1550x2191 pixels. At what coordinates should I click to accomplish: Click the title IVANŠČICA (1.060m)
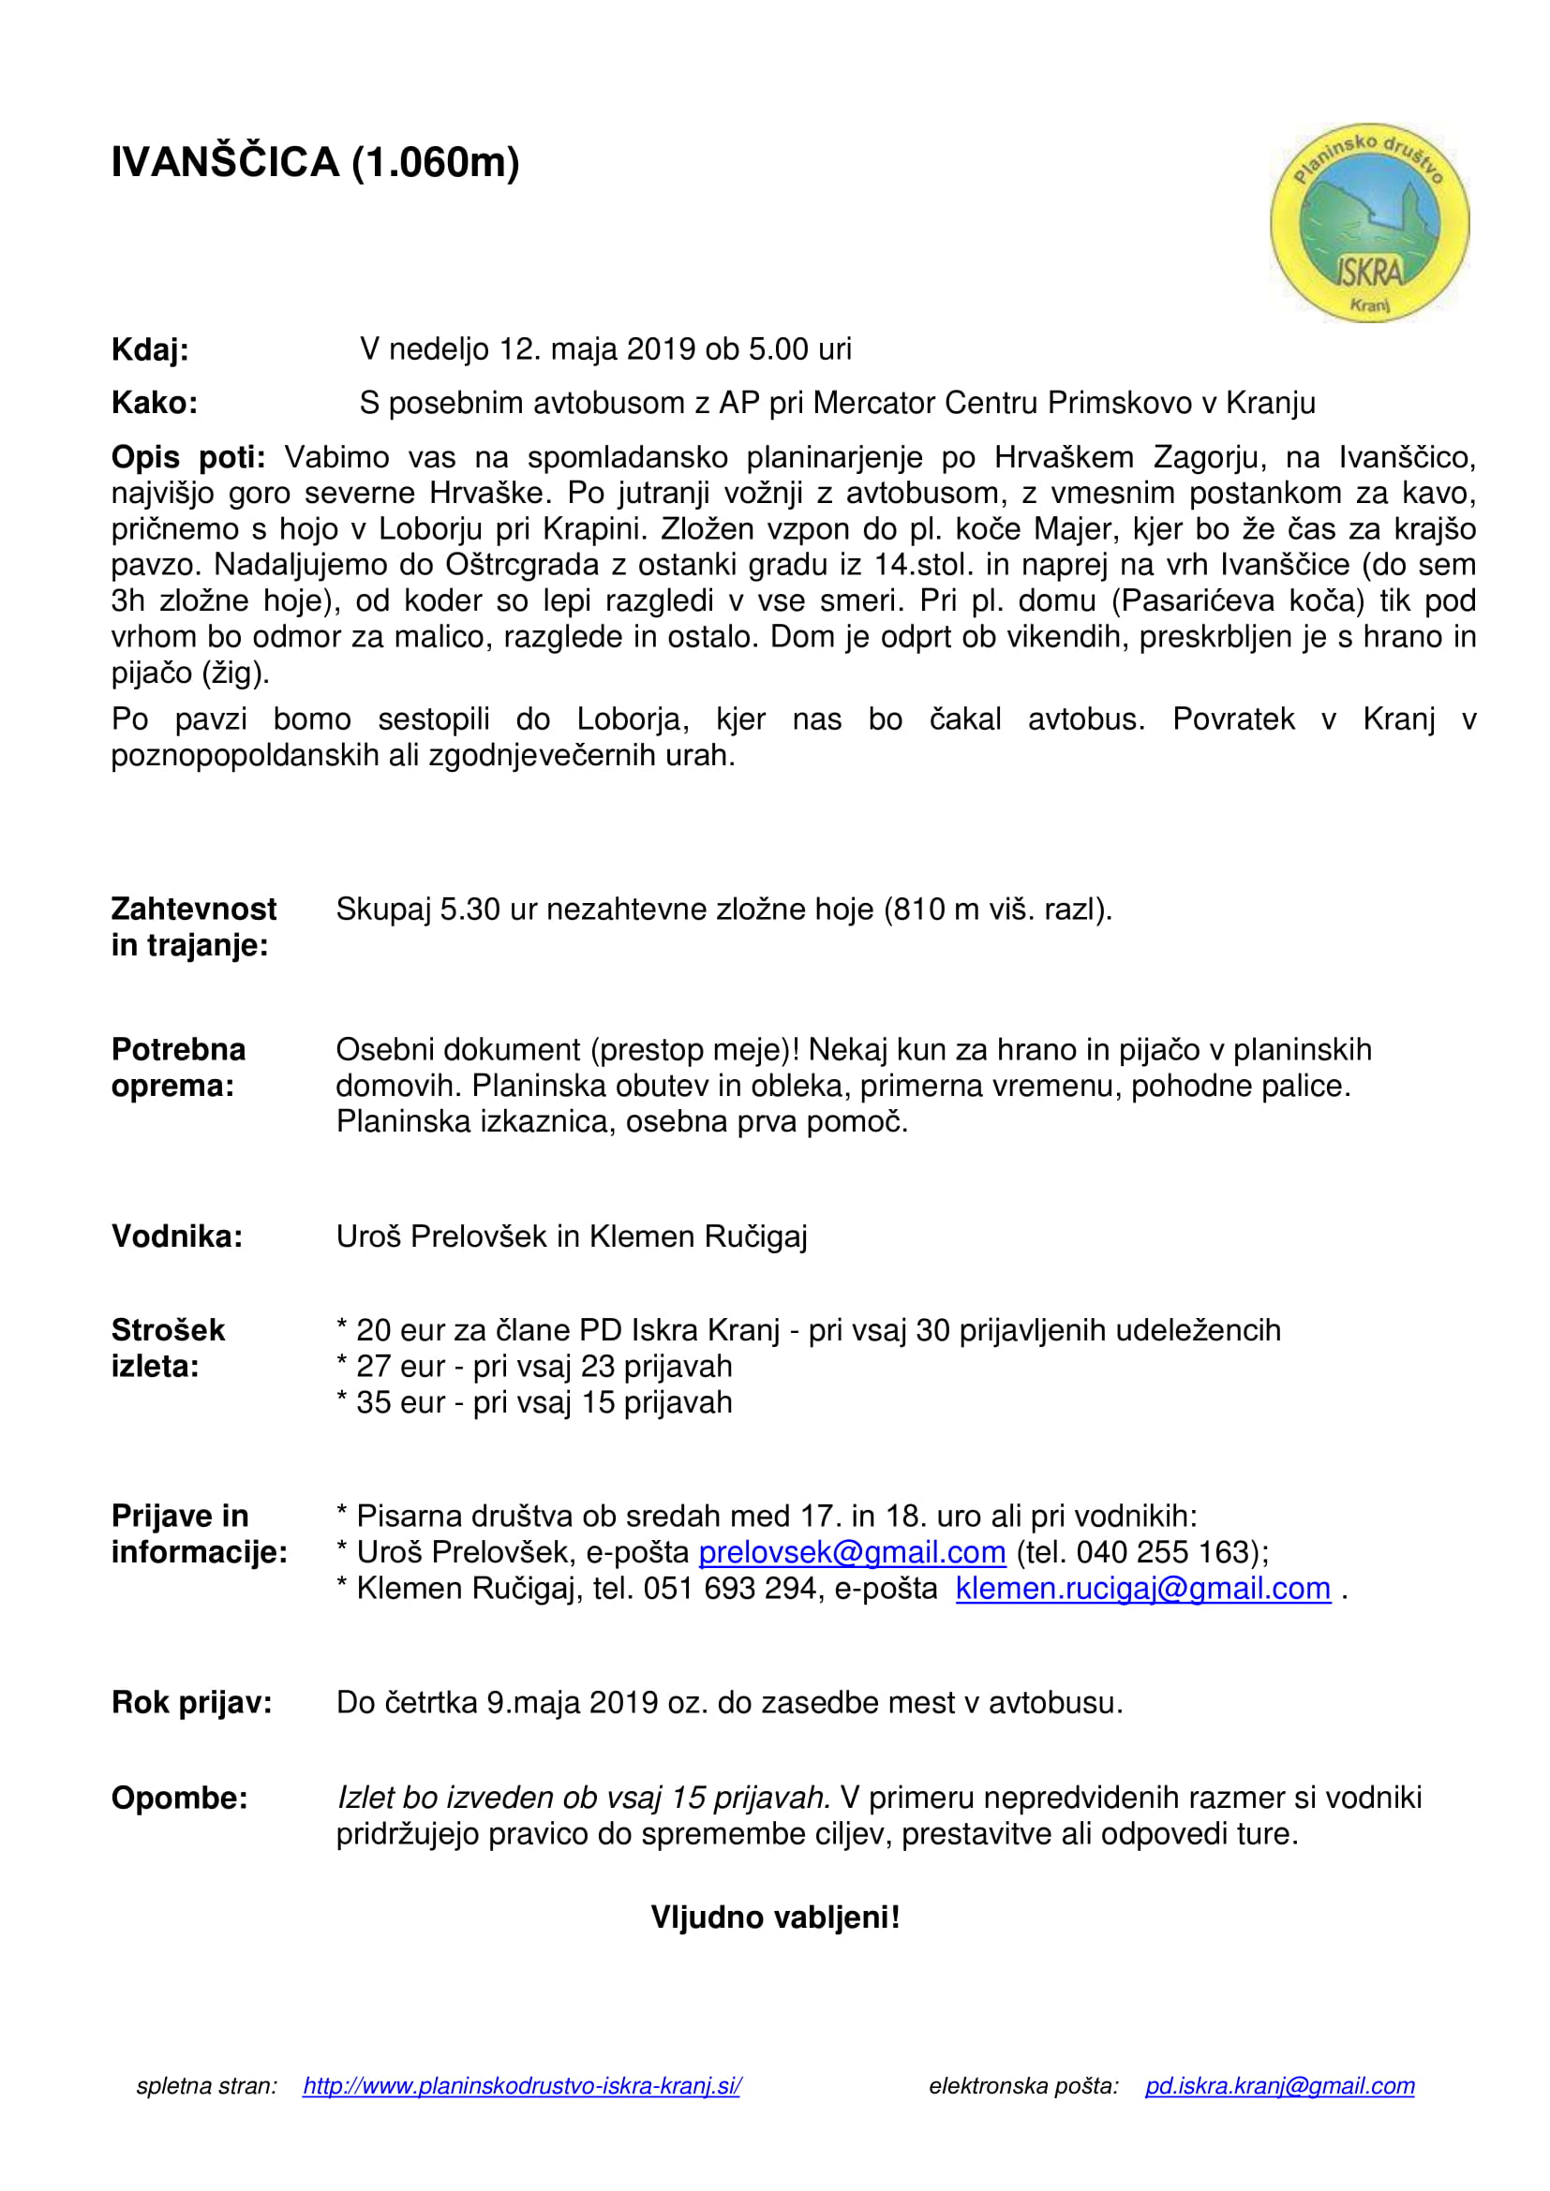point(315,162)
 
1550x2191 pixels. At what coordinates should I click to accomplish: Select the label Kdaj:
point(150,350)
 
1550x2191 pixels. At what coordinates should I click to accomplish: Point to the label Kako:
point(155,404)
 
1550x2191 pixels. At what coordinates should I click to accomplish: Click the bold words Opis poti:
point(188,458)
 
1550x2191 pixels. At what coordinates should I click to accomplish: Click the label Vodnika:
point(176,1236)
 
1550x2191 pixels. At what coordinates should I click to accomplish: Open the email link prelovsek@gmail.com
point(851,1552)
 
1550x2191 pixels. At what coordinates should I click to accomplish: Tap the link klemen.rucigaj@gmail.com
point(1142,1589)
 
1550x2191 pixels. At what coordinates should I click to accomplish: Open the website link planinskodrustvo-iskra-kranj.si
point(521,2112)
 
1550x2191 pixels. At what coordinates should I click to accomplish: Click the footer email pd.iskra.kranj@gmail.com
point(1279,2112)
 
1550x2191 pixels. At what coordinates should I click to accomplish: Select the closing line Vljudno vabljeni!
point(775,1917)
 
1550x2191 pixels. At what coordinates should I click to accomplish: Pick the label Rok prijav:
point(191,1702)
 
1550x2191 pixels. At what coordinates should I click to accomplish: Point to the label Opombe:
point(179,1798)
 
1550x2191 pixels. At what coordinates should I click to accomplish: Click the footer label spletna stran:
point(206,2112)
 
